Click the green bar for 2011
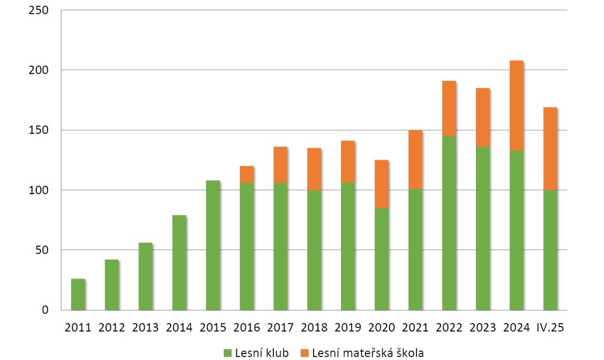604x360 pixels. point(78,294)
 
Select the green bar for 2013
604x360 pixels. point(145,277)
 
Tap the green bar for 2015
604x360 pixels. point(213,245)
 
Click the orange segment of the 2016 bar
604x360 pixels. point(247,175)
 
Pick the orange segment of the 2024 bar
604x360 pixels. point(517,105)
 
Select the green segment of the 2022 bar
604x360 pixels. point(449,223)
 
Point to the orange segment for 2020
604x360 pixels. point(382,184)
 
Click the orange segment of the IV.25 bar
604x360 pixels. point(550,149)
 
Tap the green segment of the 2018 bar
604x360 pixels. point(314,250)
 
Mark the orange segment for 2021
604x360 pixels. point(416,160)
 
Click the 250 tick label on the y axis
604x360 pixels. point(38,10)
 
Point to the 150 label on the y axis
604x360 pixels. point(38,130)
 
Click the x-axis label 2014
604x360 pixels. point(179,328)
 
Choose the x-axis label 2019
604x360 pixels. point(348,328)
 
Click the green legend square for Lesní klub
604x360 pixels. point(227,353)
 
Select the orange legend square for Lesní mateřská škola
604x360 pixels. point(304,353)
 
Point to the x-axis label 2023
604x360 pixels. point(483,328)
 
